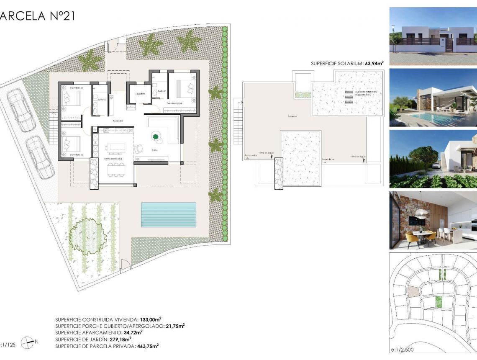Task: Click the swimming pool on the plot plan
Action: pos(168,215)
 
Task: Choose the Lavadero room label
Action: pos(140,94)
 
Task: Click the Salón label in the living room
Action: pos(154,150)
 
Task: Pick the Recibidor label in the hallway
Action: pos(118,121)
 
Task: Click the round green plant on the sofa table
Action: pos(156,136)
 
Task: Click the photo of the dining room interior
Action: pos(433,221)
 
